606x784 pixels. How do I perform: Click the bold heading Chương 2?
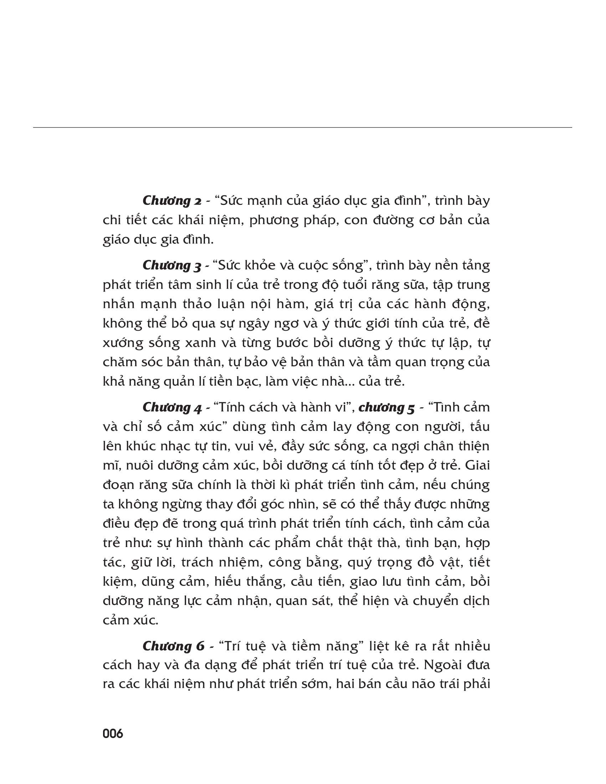point(172,201)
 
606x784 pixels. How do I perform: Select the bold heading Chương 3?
point(172,265)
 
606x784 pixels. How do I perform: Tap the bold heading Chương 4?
point(172,407)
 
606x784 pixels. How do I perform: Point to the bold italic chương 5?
point(387,407)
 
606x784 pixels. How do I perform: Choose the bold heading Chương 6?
point(173,646)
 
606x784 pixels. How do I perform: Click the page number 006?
point(113,734)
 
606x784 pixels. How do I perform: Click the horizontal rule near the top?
point(302,128)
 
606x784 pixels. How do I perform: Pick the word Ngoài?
point(444,665)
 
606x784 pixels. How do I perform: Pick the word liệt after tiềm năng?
point(389,646)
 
